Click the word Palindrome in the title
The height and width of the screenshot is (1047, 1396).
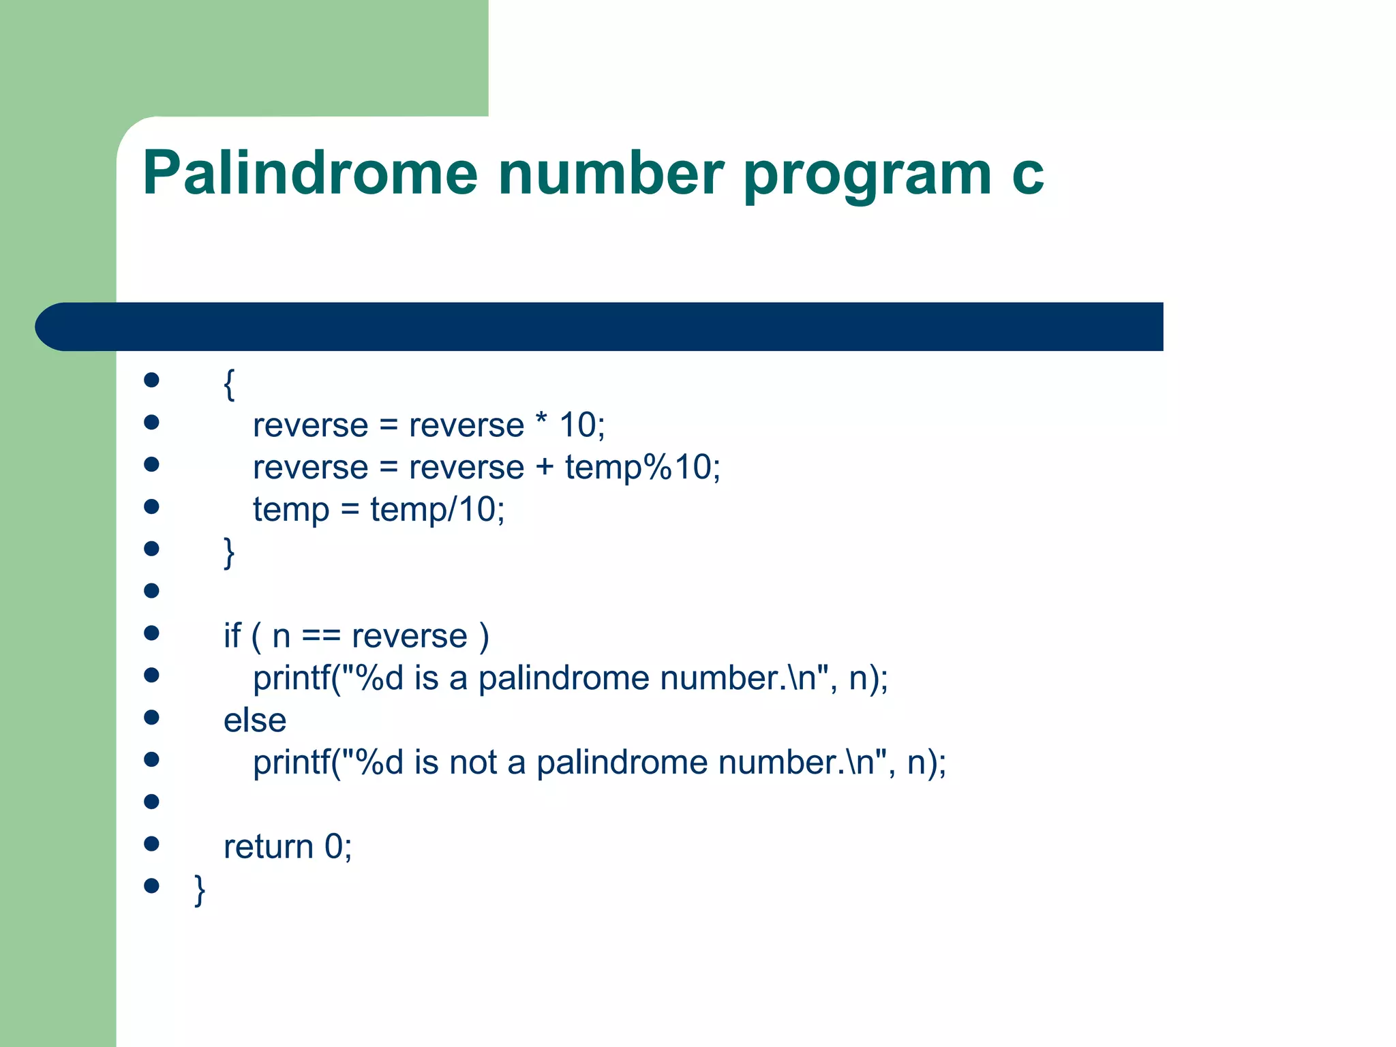tap(310, 173)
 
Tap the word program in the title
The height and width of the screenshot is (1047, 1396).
tap(866, 176)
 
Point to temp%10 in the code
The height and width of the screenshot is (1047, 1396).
tap(641, 468)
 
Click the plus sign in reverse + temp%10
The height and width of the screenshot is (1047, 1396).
tap(545, 468)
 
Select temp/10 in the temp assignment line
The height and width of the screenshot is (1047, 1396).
tap(436, 510)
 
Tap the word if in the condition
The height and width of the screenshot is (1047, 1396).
tap(232, 636)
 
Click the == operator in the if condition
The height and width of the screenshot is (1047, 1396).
tap(320, 637)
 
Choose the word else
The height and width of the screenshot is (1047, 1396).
tap(255, 720)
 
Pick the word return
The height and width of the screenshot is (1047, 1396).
tap(268, 847)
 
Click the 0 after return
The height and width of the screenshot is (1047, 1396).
tap(333, 847)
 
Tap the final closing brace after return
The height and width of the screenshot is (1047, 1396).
tap(200, 890)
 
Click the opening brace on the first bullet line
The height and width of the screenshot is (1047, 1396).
tap(230, 384)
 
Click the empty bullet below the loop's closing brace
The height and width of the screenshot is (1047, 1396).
tap(151, 590)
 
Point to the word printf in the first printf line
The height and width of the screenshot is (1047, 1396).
tap(292, 679)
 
